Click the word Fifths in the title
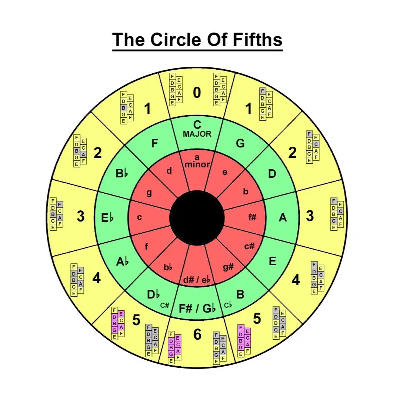click(257, 40)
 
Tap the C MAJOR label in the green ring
click(197, 129)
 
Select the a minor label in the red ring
click(197, 161)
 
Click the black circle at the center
click(197, 218)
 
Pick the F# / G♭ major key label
click(197, 309)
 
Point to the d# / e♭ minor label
click(197, 280)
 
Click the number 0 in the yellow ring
click(197, 92)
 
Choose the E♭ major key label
click(107, 218)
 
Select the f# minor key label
click(252, 217)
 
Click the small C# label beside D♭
click(164, 305)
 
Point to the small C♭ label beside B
click(228, 305)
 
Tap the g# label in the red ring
click(228, 267)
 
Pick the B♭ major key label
click(122, 173)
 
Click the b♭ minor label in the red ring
click(168, 267)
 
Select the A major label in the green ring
click(283, 218)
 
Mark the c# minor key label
click(249, 246)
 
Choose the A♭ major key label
click(122, 261)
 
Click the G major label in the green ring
click(240, 143)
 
